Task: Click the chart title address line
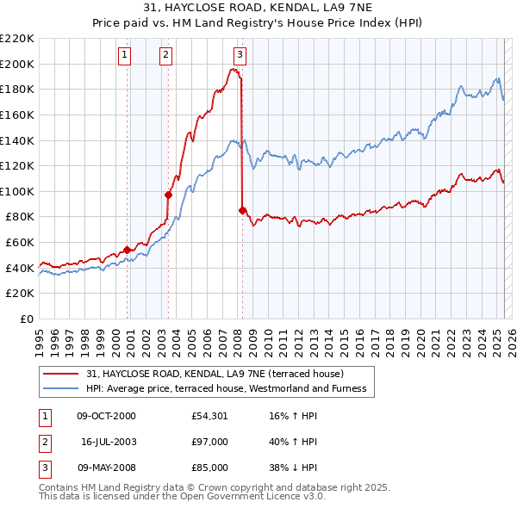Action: coord(258,9)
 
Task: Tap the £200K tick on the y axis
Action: coord(17,64)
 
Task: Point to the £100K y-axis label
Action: coord(17,191)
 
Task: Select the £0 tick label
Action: coord(27,319)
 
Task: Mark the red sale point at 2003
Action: coord(169,195)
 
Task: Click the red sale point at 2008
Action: coord(242,210)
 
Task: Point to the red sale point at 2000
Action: coord(127,250)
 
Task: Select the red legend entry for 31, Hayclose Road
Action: coord(215,374)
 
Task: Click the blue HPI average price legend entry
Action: coord(226,389)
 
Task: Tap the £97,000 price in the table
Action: coord(210,442)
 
